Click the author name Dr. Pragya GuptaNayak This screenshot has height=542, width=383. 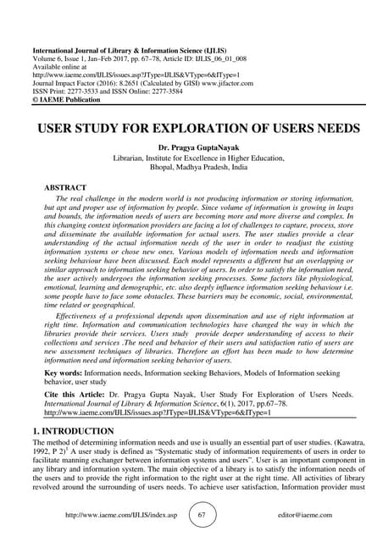point(192,147)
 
